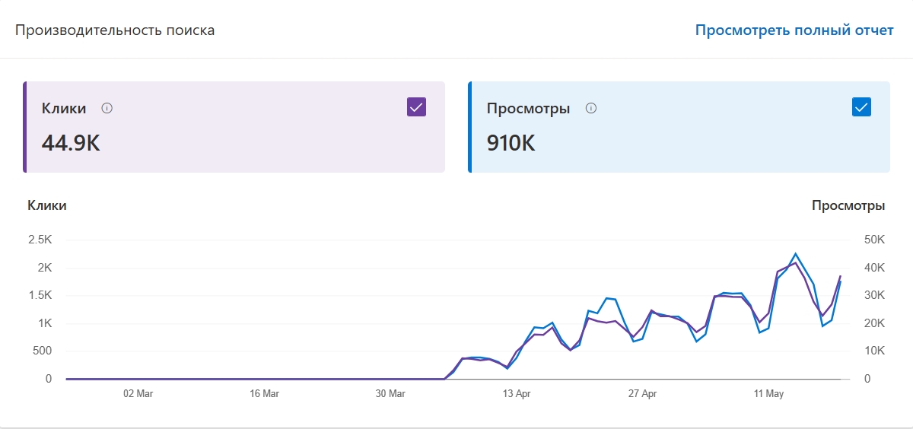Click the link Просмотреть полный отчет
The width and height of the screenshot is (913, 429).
click(794, 30)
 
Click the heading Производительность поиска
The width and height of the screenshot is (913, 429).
click(115, 30)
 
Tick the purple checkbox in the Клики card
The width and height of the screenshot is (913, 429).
click(416, 107)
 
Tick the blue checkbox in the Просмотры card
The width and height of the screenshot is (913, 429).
click(861, 107)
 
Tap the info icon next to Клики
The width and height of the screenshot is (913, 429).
click(107, 108)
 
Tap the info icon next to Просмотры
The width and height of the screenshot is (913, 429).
click(591, 108)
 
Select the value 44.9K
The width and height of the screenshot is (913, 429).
click(71, 143)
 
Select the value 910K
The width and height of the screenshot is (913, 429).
click(511, 143)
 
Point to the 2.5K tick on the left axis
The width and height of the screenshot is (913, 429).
click(40, 240)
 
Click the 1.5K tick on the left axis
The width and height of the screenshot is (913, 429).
click(40, 295)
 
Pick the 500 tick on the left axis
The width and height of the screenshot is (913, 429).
click(42, 351)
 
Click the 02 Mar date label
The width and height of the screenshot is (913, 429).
click(138, 394)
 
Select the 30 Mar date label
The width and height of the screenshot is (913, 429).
click(390, 394)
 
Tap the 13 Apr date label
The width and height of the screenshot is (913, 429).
click(517, 394)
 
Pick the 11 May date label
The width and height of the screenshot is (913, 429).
click(768, 394)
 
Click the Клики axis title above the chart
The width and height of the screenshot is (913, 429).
click(47, 205)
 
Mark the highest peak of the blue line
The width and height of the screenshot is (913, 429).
click(795, 254)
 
